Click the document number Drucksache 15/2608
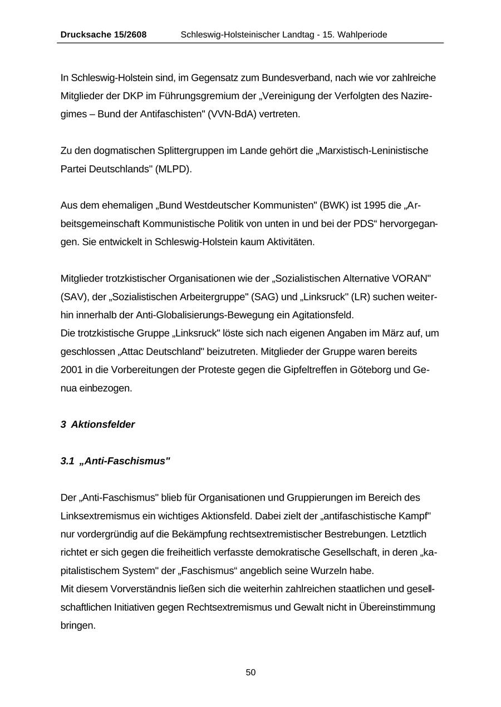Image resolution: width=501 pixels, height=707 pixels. pyautogui.click(x=104, y=34)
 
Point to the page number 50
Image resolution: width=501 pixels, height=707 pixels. pyautogui.click(x=250, y=673)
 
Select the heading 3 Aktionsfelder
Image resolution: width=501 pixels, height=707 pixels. pyautogui.click(x=98, y=424)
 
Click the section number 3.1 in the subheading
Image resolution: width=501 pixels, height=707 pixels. pyautogui.click(x=67, y=461)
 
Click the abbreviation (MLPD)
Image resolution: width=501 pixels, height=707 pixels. pyautogui.click(x=174, y=169)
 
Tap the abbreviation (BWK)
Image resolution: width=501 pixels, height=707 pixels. pyautogui.click(x=333, y=205)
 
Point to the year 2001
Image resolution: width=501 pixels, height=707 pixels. pyautogui.click(x=71, y=370)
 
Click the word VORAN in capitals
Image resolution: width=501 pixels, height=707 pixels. pyautogui.click(x=409, y=279)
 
